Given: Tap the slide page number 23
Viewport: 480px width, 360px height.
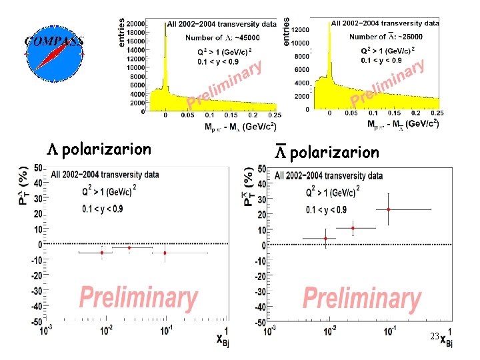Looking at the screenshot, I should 434,337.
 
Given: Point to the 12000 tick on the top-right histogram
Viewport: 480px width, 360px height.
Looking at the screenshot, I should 301,29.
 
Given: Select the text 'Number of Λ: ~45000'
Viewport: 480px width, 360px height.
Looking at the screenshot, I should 222,37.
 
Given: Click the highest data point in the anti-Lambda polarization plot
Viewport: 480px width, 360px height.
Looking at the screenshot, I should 389,209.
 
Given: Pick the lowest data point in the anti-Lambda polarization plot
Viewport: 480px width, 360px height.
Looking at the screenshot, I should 325,239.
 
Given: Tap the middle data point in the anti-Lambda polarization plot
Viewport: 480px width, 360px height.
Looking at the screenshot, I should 353,228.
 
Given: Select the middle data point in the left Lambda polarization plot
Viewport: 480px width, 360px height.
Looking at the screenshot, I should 129,248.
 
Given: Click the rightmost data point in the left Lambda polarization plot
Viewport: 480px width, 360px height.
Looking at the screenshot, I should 165,253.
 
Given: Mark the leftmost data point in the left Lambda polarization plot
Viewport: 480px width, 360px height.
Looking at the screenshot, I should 102,253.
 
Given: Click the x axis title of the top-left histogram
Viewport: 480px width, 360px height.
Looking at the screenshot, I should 241,126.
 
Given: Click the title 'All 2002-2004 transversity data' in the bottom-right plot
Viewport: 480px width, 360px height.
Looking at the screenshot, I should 329,176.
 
